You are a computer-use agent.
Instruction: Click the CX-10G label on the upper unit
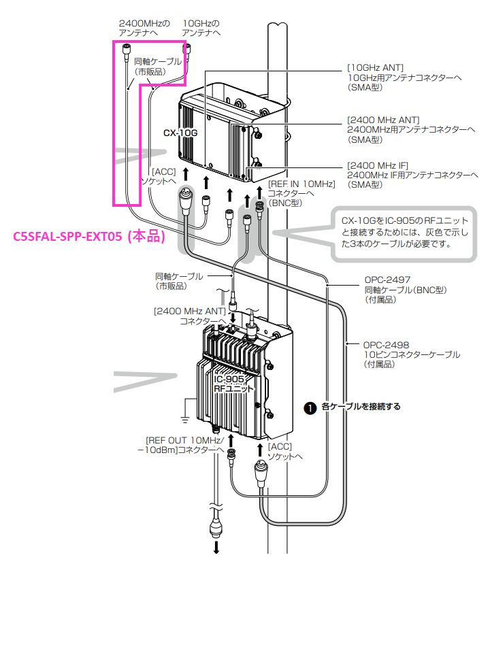(180, 133)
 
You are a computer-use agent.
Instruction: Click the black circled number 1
(310, 407)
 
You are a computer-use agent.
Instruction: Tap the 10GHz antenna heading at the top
(201, 23)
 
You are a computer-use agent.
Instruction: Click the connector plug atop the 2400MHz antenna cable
(126, 49)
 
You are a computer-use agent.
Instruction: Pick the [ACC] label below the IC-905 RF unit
(280, 446)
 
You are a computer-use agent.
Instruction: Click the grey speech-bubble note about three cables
(406, 232)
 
